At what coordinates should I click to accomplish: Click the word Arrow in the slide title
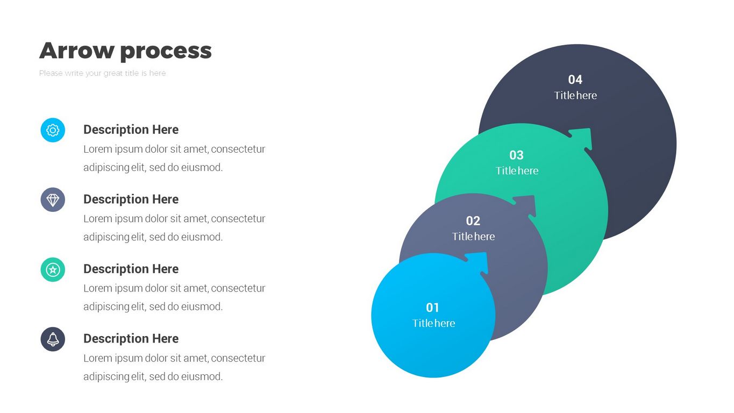coord(77,51)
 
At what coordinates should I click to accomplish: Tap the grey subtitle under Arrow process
coord(102,73)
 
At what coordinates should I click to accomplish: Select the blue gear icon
coord(53,130)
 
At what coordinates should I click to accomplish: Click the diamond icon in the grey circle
coord(53,200)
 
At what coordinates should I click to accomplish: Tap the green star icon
coord(53,269)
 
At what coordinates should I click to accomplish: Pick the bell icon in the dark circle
coord(53,339)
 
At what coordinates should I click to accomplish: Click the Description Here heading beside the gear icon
coord(131,130)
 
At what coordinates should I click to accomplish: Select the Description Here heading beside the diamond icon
coord(131,200)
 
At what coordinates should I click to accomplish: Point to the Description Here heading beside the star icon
coord(131,269)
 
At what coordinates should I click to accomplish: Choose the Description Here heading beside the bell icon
coord(131,339)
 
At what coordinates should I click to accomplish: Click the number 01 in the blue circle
coord(433,308)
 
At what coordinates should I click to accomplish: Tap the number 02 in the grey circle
coord(473,220)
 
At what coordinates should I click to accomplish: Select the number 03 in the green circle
coord(516,155)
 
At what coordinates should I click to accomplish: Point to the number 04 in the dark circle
coord(575,80)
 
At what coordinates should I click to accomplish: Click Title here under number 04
coord(575,95)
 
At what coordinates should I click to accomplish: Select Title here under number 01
coord(433,323)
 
